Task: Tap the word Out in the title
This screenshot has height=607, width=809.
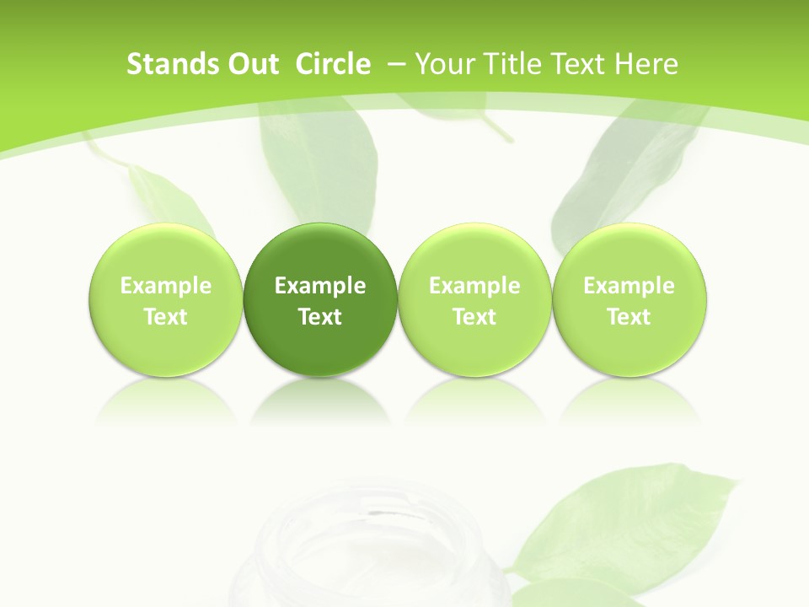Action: coord(250,64)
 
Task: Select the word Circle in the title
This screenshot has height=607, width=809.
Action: coord(333,64)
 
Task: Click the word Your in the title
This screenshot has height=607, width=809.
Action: coord(443,64)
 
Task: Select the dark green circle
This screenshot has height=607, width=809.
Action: coord(320,299)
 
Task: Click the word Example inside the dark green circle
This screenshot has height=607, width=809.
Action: coord(320,286)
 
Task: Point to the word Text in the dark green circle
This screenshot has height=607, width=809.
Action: coord(320,317)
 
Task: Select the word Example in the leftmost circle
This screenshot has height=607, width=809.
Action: coord(166,286)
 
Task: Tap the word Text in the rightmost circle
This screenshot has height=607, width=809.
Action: coord(629,317)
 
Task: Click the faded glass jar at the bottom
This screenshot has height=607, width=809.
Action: coord(379,548)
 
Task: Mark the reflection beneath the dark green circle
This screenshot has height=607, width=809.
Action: coord(320,400)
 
